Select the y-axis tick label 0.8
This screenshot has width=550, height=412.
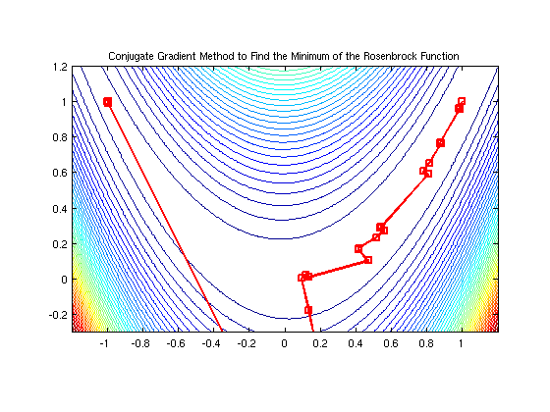(x=60, y=137)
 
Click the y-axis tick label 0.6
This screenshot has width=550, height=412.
(x=60, y=173)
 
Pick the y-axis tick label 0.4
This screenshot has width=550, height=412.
(x=60, y=208)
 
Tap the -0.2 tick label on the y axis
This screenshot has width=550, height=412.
(x=58, y=315)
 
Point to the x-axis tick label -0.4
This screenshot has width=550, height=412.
(x=212, y=346)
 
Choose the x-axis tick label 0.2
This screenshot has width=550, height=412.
(x=320, y=346)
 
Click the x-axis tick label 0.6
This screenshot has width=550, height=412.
(x=391, y=346)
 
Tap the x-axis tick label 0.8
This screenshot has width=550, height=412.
(x=426, y=346)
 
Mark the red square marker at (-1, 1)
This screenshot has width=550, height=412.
(x=107, y=102)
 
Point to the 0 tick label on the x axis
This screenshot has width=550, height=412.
(x=285, y=346)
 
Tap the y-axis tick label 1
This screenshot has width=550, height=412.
(x=64, y=101)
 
